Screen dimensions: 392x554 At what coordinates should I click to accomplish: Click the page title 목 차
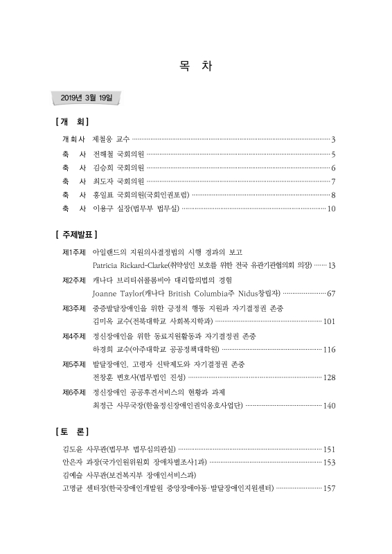196,67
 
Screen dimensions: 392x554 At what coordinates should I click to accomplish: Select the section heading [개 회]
71,122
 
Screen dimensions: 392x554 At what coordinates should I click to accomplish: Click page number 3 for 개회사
333,139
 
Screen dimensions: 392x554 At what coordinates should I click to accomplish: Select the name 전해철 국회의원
118,155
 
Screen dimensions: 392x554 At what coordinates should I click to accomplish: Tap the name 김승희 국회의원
118,168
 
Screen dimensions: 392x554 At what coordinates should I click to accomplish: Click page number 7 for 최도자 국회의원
333,181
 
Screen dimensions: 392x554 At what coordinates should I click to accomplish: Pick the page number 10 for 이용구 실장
331,208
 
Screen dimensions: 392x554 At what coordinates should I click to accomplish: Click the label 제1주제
73,251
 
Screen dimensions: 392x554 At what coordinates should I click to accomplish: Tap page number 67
331,294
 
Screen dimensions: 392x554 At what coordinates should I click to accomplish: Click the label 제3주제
73,307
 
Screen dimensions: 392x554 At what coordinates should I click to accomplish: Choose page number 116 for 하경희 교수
329,350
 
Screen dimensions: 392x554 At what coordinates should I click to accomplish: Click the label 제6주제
73,392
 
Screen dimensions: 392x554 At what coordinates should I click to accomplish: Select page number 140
329,406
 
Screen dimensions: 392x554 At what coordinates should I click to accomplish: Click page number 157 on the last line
329,489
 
